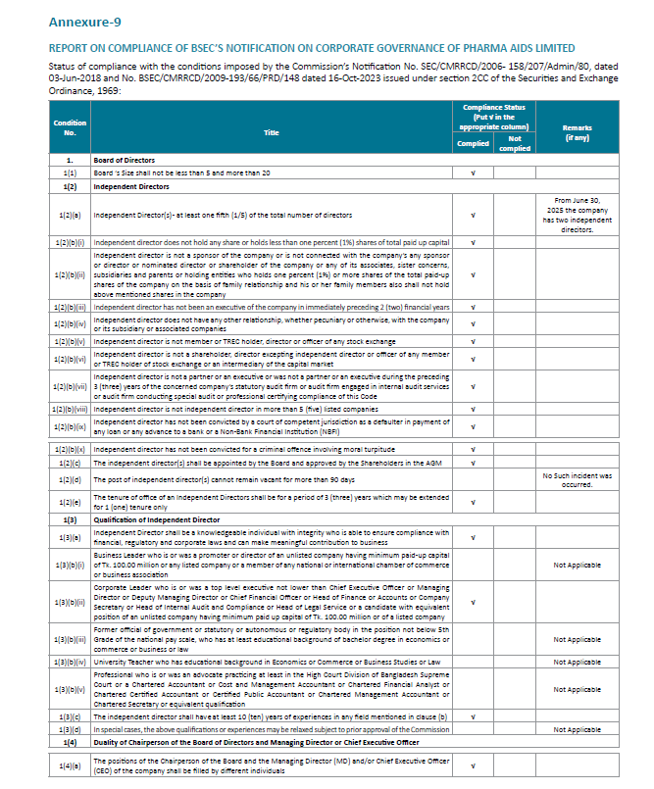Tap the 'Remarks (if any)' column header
577,132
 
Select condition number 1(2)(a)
70,214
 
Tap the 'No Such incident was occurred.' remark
577,480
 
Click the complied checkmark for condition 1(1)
473,172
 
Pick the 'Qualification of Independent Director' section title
156,519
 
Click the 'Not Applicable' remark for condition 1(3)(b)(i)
577,565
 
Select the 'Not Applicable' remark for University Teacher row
577,663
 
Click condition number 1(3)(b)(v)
70,690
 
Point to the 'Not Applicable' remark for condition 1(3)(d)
577,730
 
